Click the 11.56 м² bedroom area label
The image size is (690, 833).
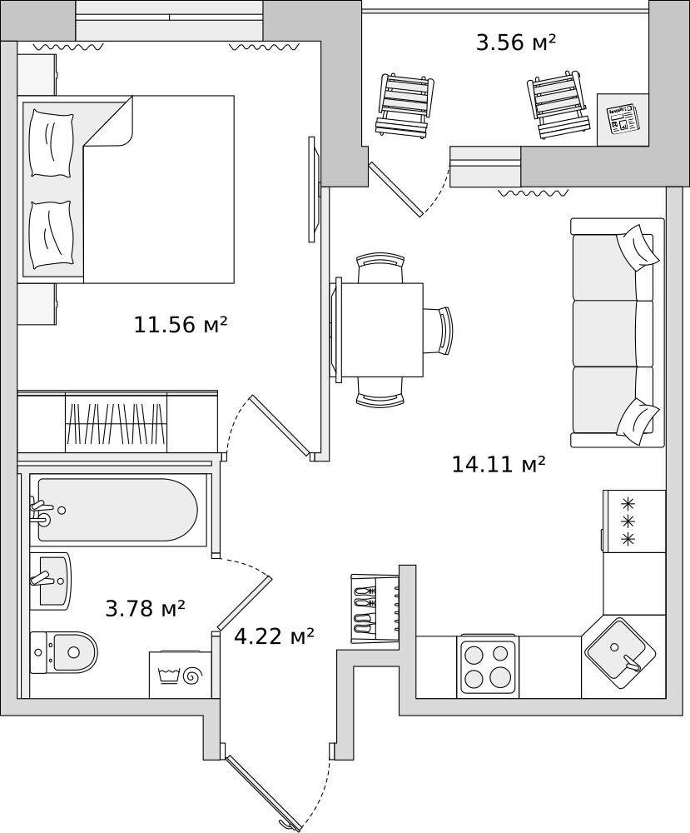[181, 324]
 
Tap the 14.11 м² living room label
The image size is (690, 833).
[499, 464]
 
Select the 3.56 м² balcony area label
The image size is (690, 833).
[516, 42]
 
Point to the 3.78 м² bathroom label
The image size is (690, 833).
[146, 608]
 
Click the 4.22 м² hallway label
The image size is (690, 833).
[275, 636]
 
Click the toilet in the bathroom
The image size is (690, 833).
[64, 652]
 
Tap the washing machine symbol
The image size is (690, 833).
[181, 675]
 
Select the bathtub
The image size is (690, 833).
[118, 510]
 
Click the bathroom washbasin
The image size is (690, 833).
[51, 581]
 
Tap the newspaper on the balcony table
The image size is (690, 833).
[623, 118]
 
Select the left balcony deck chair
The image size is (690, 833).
[405, 105]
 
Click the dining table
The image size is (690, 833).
[380, 329]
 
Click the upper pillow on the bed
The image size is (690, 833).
[51, 143]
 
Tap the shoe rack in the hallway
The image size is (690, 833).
[375, 608]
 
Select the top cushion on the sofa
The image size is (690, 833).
[638, 247]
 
